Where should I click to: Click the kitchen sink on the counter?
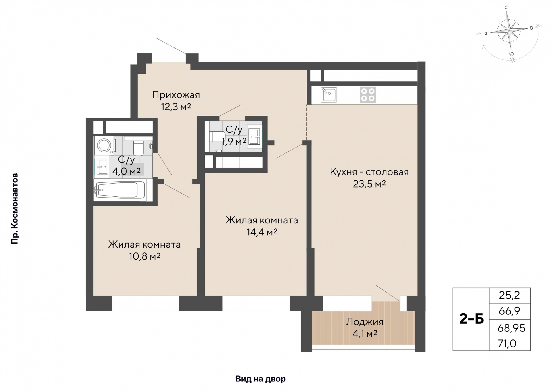(329, 94)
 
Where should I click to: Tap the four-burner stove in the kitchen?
(368, 95)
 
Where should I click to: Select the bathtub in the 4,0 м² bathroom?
(120, 190)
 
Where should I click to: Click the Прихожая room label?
(176, 94)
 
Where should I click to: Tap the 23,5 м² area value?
(369, 184)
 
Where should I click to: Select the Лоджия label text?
(364, 321)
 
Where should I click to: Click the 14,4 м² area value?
(262, 232)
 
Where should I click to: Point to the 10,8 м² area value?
(145, 256)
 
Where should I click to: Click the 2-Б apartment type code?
(471, 319)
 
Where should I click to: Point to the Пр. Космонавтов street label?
(15, 208)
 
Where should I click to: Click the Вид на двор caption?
(260, 379)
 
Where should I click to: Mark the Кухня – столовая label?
(369, 172)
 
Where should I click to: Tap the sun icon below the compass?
(512, 60)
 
